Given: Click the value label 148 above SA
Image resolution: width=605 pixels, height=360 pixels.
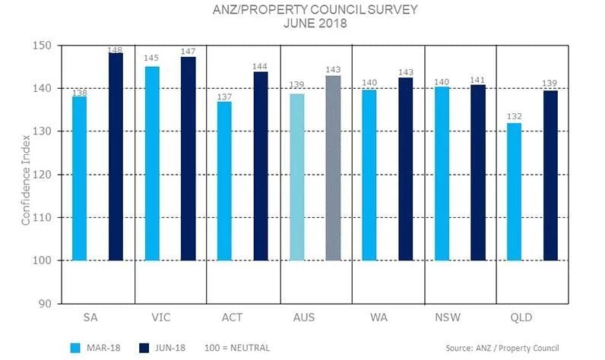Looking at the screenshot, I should (116, 50).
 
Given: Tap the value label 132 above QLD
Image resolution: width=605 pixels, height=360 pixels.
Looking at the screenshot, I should (515, 117).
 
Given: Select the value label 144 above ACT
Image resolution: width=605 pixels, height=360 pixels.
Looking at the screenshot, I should (261, 67).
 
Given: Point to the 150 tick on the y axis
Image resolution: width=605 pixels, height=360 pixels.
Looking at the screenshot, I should (43, 46).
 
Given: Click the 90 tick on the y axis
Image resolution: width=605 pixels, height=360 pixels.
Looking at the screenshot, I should (46, 304).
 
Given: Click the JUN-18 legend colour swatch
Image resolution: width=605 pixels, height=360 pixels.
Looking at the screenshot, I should (144, 347).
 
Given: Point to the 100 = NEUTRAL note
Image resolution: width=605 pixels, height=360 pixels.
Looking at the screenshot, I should (237, 348).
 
